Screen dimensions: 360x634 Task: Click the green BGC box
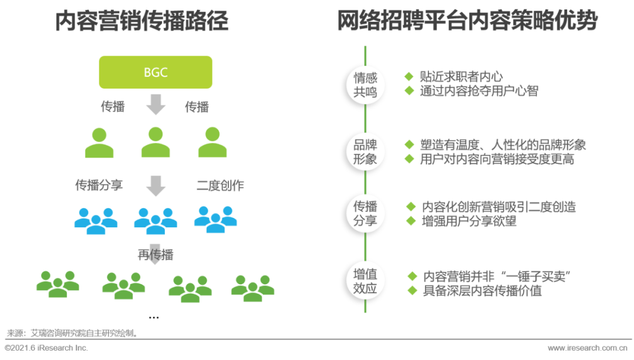click(x=156, y=72)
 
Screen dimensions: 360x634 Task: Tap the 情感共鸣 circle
click(x=365, y=85)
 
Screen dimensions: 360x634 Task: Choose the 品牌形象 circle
click(x=365, y=152)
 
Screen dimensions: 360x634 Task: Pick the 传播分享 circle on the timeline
click(x=365, y=214)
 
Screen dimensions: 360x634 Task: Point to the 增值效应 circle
click(x=365, y=282)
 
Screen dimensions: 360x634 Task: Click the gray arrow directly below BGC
click(x=156, y=105)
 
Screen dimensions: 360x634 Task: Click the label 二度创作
click(x=220, y=186)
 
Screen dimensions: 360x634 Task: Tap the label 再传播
click(x=156, y=254)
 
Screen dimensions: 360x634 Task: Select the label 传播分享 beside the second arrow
click(x=99, y=185)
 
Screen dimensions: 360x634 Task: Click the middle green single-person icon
click(x=156, y=142)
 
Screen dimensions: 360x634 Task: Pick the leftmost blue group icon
click(x=96, y=220)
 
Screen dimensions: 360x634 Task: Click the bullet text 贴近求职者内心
click(x=461, y=76)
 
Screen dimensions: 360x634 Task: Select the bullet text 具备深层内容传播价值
click(x=483, y=291)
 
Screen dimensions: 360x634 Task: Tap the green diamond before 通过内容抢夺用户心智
click(x=409, y=91)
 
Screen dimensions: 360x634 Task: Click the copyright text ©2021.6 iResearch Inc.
click(x=46, y=348)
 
